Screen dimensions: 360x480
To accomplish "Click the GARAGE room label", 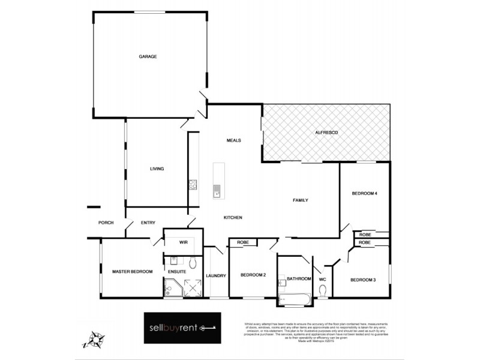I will coord(148,56).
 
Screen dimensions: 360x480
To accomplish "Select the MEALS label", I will coord(233,140).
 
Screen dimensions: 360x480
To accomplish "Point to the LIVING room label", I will coord(157,169).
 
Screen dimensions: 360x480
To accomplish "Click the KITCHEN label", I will coord(233,217).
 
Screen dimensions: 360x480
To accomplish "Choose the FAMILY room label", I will coord(300,200).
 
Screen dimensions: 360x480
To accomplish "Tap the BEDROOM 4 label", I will coord(364,193).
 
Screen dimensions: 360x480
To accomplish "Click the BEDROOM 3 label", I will coord(362,280).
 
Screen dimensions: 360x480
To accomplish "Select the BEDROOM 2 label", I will coord(253,275).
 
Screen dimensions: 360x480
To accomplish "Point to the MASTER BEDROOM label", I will coord(132,271).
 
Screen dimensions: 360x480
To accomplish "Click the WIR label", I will coord(183,242).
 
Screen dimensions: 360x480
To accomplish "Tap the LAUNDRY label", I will coord(215,275).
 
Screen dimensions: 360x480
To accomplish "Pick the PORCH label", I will coord(106,223).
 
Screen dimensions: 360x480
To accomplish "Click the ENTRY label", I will coord(148,223).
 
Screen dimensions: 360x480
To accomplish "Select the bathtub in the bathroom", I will coord(294,298).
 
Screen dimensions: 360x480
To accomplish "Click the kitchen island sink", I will coord(216,191).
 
